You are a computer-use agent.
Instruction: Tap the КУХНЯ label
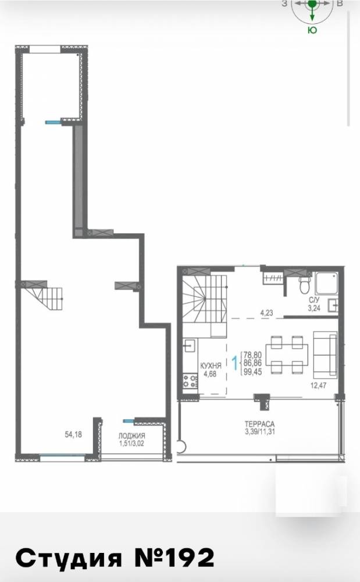[211, 365]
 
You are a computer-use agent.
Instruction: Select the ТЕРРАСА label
[259, 424]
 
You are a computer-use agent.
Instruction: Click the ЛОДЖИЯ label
[131, 436]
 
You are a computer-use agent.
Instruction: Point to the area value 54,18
[73, 434]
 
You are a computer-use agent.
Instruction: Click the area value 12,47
[318, 385]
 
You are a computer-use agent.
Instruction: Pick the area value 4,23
[266, 313]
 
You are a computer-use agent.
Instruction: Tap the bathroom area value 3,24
[314, 308]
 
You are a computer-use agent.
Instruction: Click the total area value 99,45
[252, 371]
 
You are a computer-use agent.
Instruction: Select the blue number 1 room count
[234, 363]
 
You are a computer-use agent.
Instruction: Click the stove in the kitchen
[190, 381]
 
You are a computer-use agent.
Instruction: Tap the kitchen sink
[190, 345]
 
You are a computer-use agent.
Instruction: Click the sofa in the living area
[325, 354]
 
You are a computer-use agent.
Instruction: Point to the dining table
[287, 355]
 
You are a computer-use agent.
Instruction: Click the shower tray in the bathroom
[326, 283]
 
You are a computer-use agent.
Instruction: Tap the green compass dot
[312, 3]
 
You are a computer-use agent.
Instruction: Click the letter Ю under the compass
[312, 30]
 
